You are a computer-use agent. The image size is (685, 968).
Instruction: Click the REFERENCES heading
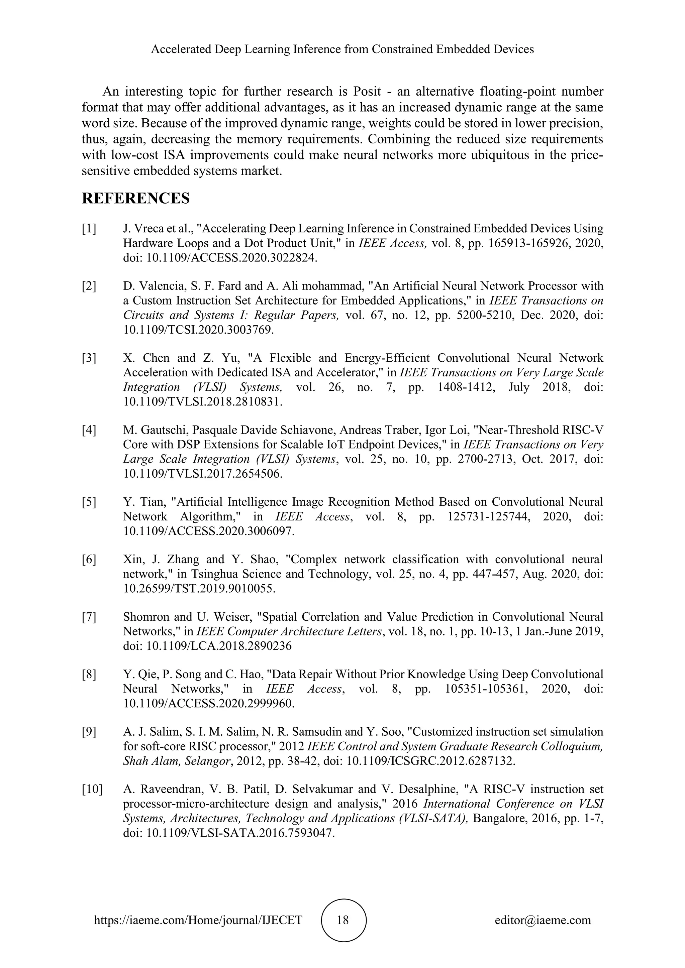[x=135, y=198]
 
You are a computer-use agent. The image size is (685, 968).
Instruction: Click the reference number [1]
[x=89, y=229]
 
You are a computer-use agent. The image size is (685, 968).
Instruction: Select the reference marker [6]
[x=89, y=560]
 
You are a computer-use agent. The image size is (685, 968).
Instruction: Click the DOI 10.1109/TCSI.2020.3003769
[x=198, y=329]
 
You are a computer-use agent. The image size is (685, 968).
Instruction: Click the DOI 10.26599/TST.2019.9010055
[x=199, y=588]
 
